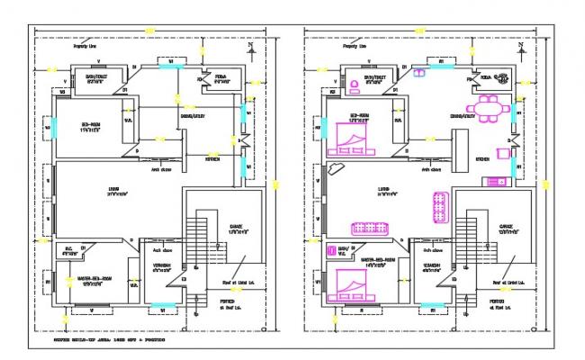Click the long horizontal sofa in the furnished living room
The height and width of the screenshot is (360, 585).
pos(370,228)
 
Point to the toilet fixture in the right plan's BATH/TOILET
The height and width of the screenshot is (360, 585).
pos(355,87)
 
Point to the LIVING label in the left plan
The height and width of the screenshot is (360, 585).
pos(116,189)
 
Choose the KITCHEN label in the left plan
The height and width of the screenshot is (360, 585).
pos(212,159)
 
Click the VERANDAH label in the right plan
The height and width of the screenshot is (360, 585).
pos(434,265)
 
